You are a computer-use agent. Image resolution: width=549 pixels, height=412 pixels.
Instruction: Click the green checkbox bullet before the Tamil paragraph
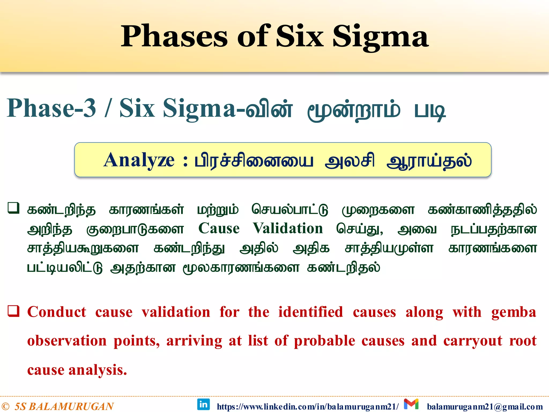click(13, 208)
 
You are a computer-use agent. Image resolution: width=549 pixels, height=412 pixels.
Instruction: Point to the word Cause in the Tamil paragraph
click(219, 229)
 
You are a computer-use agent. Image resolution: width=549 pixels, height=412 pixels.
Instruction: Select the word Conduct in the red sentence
click(57, 312)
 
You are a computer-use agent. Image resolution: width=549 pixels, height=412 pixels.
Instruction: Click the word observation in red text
click(67, 341)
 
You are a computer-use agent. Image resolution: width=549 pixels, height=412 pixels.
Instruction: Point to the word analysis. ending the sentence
click(98, 370)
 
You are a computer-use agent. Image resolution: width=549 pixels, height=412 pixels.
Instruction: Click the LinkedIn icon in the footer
click(203, 404)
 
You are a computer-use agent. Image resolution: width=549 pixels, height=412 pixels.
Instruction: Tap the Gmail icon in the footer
click(411, 404)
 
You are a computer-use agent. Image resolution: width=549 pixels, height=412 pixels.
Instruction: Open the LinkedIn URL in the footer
click(307, 407)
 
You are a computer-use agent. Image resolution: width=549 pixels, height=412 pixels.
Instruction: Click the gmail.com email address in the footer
click(485, 407)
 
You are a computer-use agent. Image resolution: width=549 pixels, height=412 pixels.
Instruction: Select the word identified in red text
click(310, 312)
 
